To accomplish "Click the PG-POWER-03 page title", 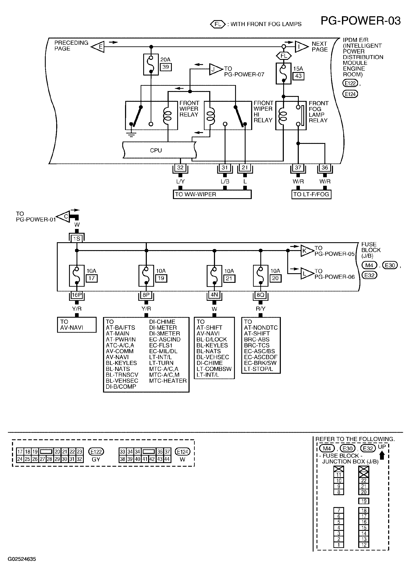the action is pyautogui.click(x=361, y=21).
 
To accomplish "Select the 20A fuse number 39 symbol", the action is pyautogui.click(x=151, y=64).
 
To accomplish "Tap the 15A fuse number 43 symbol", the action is pyautogui.click(x=283, y=73).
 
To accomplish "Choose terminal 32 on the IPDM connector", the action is pyautogui.click(x=180, y=168).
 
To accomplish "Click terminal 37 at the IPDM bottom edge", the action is pyautogui.click(x=298, y=168).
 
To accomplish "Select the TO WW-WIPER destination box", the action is pyautogui.click(x=212, y=194).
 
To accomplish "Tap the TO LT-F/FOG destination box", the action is pyautogui.click(x=311, y=194).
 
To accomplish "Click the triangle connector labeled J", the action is pyautogui.click(x=215, y=69).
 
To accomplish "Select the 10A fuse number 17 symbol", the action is pyautogui.click(x=77, y=276).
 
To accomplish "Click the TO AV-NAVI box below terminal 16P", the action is pyautogui.click(x=77, y=325).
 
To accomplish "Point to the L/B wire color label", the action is pyautogui.click(x=225, y=182).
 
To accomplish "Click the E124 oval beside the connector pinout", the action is pyautogui.click(x=183, y=452).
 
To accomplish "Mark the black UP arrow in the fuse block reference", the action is pyautogui.click(x=382, y=456).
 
